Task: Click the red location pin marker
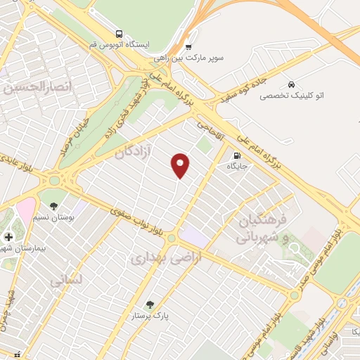point(181,165)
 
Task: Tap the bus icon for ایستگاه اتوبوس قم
point(119,33)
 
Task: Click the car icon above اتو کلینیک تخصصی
point(291,82)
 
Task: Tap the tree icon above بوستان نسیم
point(53,205)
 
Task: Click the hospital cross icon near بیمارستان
point(8,238)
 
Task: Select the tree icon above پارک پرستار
point(149,304)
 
